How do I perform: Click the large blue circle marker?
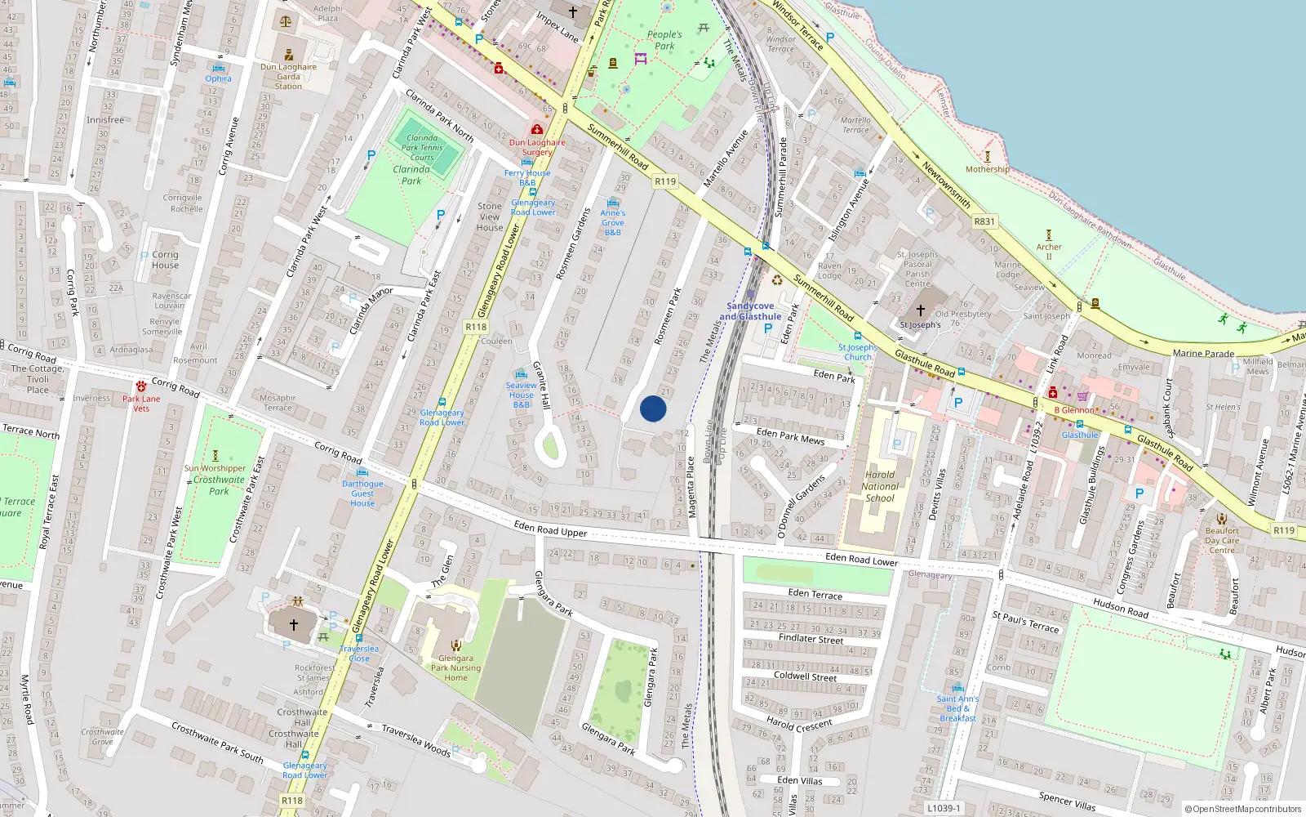[x=653, y=408]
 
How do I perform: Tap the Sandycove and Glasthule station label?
[x=750, y=311]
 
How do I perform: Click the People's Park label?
[x=664, y=40]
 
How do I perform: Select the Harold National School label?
[x=880, y=486]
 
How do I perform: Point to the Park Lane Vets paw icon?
[x=141, y=386]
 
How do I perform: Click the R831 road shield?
[x=984, y=221]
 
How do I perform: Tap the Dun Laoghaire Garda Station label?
[x=288, y=76]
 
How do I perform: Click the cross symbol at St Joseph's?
[x=920, y=310]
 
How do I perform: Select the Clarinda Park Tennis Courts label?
[x=422, y=148]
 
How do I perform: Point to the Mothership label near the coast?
[x=987, y=169]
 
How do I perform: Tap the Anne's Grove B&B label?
[x=612, y=222]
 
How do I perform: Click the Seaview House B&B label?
[x=521, y=395]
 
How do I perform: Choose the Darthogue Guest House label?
[x=362, y=493]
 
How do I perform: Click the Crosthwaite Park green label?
[x=219, y=485]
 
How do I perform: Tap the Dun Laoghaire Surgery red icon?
[x=536, y=130]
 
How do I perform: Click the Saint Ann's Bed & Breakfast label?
[x=957, y=708]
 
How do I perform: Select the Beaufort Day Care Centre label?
[x=1222, y=540]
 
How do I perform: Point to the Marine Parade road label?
[x=1203, y=354]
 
